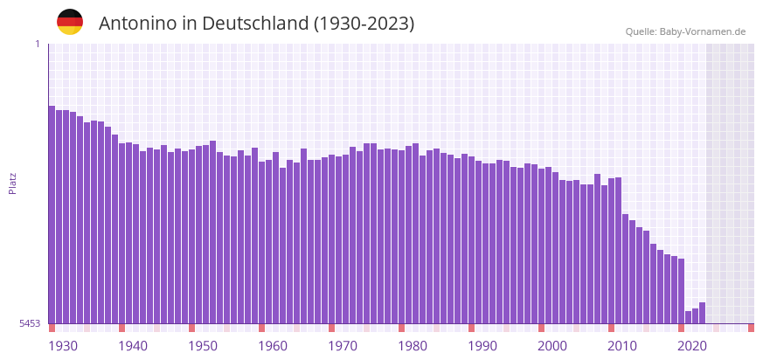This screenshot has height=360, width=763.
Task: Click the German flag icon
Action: [70, 22]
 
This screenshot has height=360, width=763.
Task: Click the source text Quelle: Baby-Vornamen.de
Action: [685, 31]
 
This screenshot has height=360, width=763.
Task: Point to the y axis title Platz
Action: [12, 183]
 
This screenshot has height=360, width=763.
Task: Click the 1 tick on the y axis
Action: [37, 44]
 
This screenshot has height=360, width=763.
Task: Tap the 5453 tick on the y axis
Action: [30, 323]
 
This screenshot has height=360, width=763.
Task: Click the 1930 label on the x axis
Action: [63, 346]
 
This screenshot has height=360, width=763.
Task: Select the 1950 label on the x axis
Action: [203, 346]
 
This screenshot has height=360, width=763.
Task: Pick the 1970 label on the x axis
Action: [343, 346]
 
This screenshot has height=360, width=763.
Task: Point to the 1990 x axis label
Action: [482, 346]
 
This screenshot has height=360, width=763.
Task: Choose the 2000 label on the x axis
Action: [552, 346]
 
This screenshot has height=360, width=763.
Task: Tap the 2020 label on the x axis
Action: [692, 346]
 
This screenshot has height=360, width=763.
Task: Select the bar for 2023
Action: [703, 313]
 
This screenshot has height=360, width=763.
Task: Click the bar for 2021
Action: [689, 317]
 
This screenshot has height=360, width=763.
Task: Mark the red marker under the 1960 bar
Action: [262, 328]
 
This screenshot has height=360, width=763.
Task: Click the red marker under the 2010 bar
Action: [612, 328]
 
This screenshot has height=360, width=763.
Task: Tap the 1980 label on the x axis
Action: [413, 346]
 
